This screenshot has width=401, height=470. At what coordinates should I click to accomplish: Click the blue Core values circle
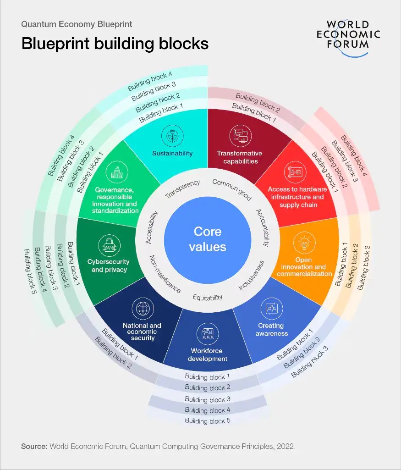point(208,240)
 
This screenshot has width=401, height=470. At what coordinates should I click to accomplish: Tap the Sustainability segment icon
point(172,136)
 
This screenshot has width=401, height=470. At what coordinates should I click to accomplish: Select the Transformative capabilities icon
point(241,136)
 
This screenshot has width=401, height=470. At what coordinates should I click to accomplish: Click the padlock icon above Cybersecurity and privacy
point(110,245)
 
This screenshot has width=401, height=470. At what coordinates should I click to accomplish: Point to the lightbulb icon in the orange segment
point(304,243)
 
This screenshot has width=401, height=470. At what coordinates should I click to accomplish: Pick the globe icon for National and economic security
point(143,309)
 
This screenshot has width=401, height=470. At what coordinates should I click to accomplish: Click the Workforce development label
point(207,354)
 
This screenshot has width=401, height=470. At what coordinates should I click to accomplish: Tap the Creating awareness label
point(271,329)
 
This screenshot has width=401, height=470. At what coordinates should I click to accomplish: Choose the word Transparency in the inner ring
point(182,189)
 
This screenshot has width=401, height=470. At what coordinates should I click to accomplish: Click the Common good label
point(232,189)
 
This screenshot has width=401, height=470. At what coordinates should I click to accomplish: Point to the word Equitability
point(208,297)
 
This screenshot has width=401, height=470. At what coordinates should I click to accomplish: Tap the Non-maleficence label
point(165,274)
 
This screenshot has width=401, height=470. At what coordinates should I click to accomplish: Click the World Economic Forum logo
point(348,38)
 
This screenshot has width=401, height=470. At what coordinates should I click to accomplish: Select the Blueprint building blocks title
point(115,44)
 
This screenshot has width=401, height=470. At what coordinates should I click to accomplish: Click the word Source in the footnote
point(34,446)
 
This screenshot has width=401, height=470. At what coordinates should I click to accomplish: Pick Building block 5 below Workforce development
point(208,421)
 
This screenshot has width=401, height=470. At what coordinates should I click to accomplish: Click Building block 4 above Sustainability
point(150,81)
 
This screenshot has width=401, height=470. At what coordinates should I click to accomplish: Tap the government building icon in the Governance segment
point(117,172)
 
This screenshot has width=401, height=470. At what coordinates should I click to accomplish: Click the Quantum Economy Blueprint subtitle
point(77,24)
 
